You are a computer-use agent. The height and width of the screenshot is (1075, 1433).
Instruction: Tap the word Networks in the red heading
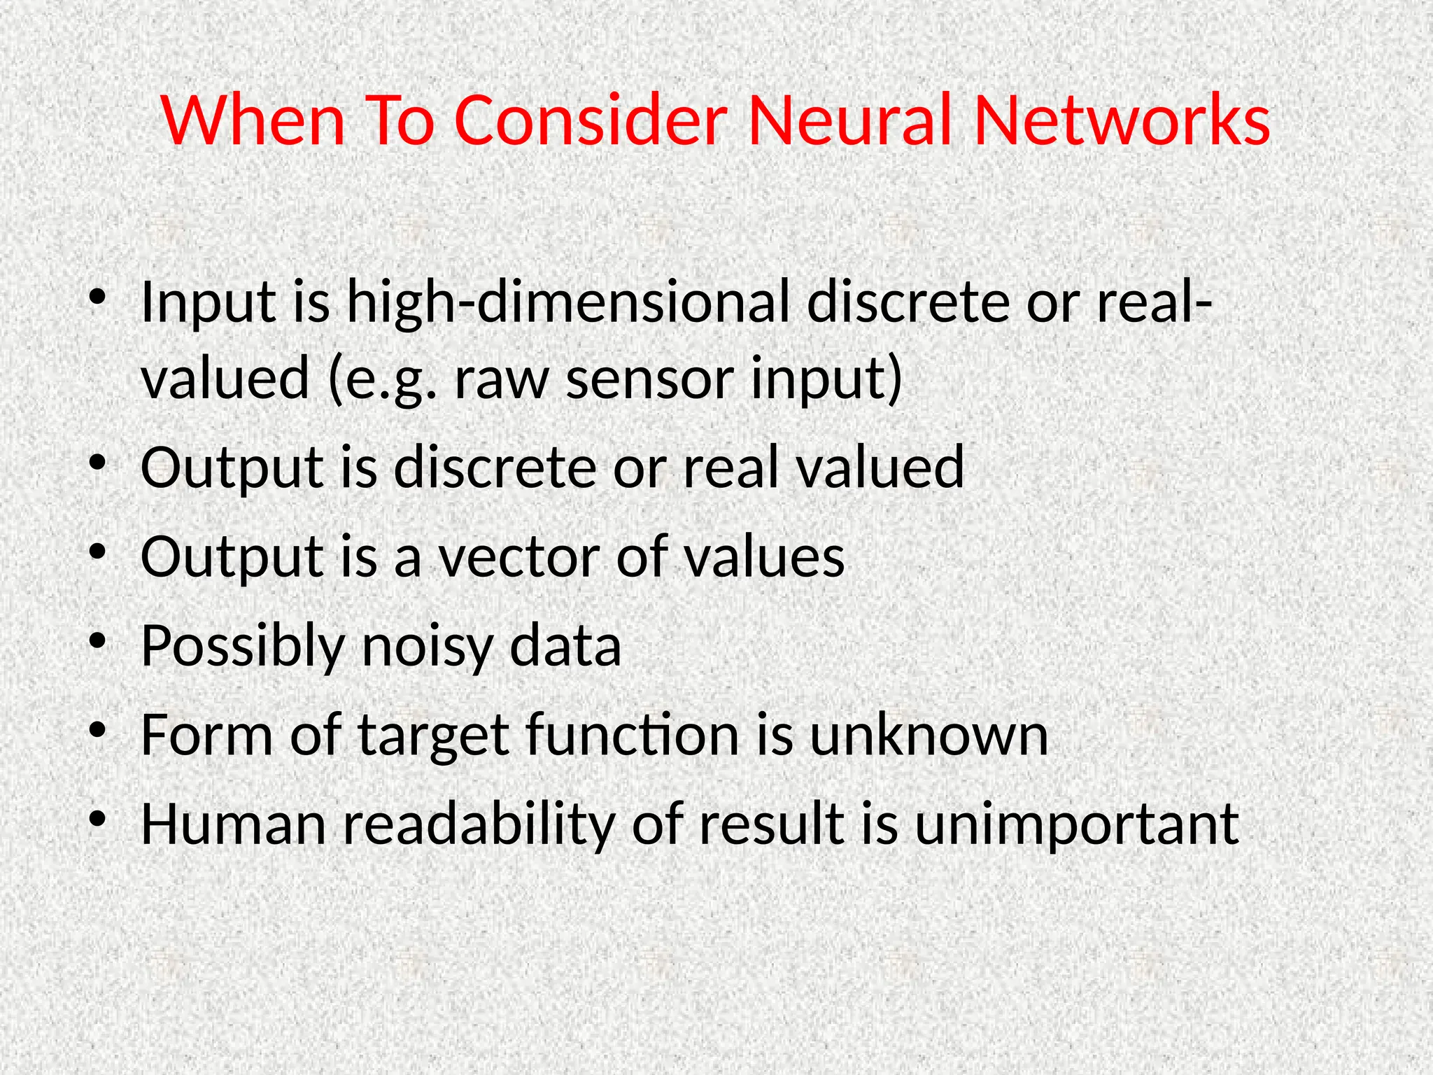click(x=1121, y=120)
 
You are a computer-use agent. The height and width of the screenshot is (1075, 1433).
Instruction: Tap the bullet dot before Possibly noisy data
click(x=97, y=640)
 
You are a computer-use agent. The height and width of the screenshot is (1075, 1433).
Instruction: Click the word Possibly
click(x=241, y=647)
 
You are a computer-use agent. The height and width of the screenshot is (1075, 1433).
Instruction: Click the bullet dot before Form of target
click(x=97, y=729)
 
